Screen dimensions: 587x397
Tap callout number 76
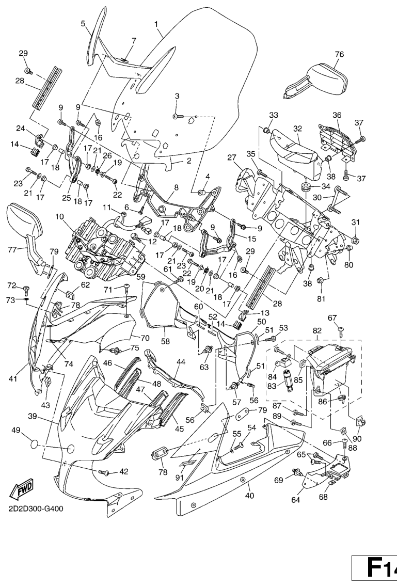[339, 54]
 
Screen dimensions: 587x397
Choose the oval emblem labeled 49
[31, 443]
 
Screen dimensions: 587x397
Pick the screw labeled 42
[104, 472]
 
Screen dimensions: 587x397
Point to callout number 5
[83, 23]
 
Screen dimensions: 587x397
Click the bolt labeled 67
[341, 331]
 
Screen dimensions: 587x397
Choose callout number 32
[298, 128]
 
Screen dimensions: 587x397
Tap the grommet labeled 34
[304, 185]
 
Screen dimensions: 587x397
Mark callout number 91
[180, 478]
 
